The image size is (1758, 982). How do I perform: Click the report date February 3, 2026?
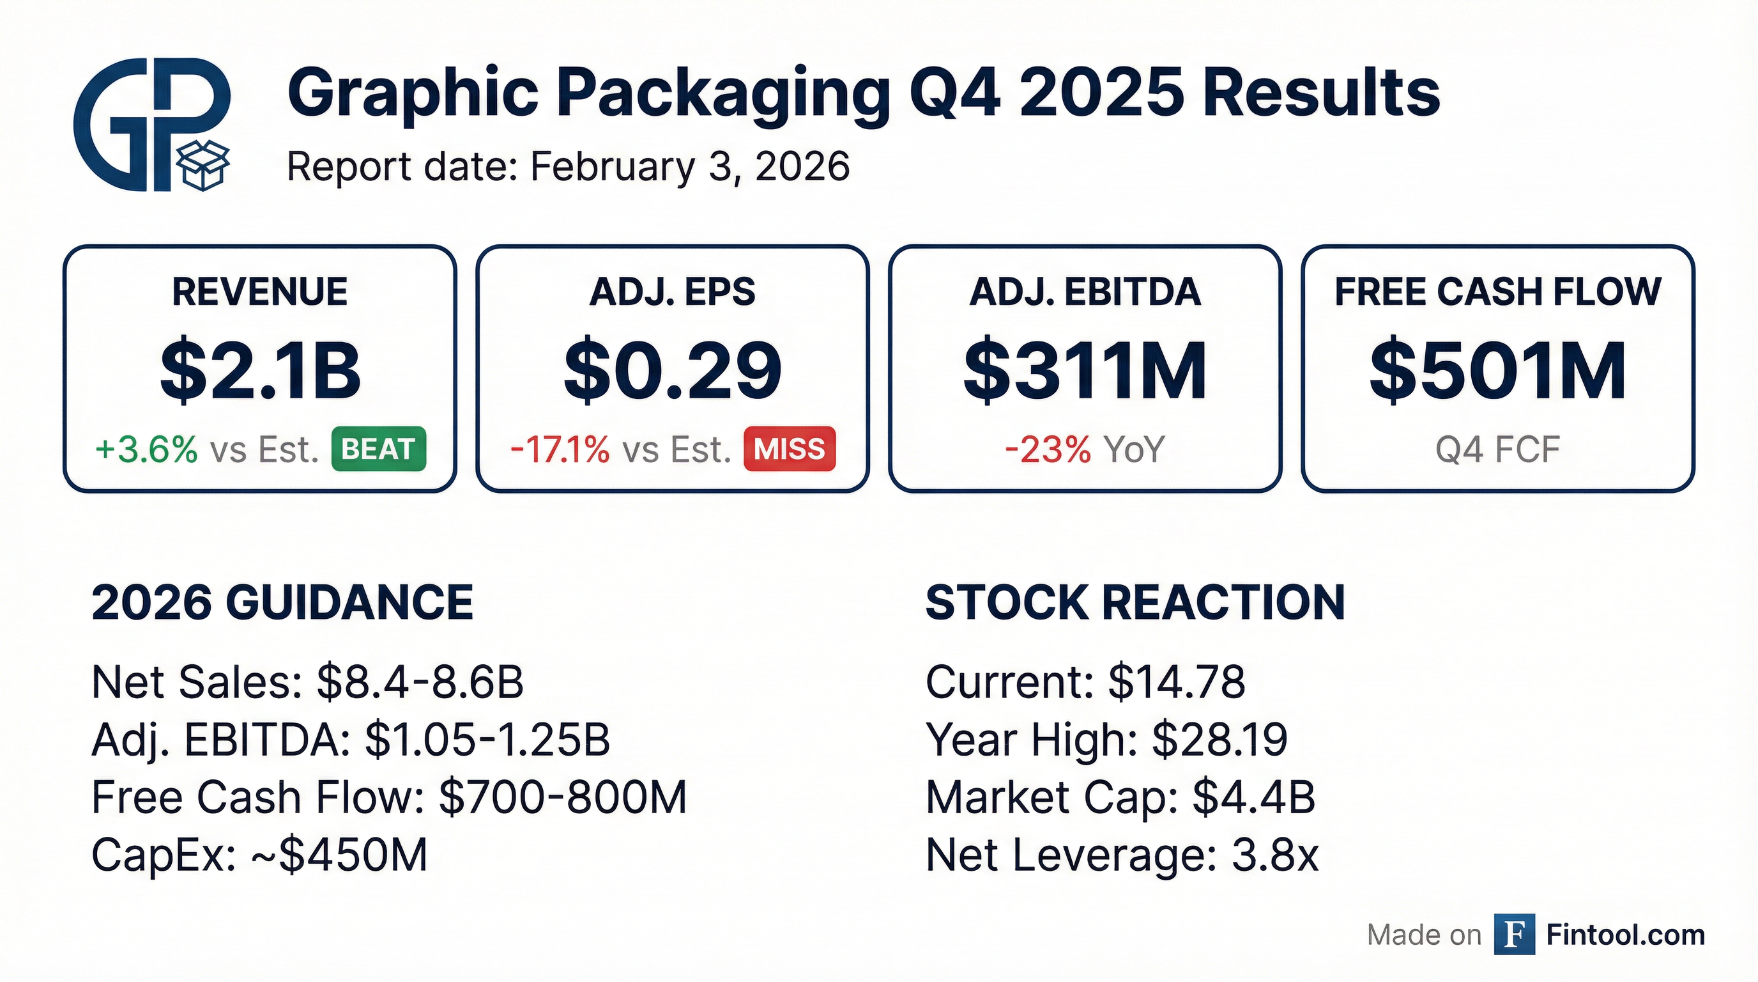[x=689, y=167]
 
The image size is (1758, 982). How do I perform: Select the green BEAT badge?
[x=379, y=449]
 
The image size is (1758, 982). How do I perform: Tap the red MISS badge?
[x=790, y=449]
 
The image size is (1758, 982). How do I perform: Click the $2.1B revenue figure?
[x=260, y=372]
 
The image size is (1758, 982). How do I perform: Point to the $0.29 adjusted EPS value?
[x=672, y=372]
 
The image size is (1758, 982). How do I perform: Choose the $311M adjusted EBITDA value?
[x=1085, y=372]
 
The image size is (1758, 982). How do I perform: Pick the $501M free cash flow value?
[x=1498, y=372]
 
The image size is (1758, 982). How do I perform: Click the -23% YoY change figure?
[x=1048, y=450]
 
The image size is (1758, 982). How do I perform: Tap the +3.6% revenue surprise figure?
[x=147, y=450]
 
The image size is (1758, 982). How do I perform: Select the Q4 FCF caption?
[x=1498, y=450]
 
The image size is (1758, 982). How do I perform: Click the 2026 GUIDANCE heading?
[x=282, y=602]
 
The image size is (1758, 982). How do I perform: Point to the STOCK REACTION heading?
[x=1135, y=602]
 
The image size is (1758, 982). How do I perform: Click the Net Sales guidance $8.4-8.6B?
[x=420, y=682]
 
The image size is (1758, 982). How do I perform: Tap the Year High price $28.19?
[x=1219, y=740]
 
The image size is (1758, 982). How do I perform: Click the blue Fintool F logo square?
[x=1515, y=934]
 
